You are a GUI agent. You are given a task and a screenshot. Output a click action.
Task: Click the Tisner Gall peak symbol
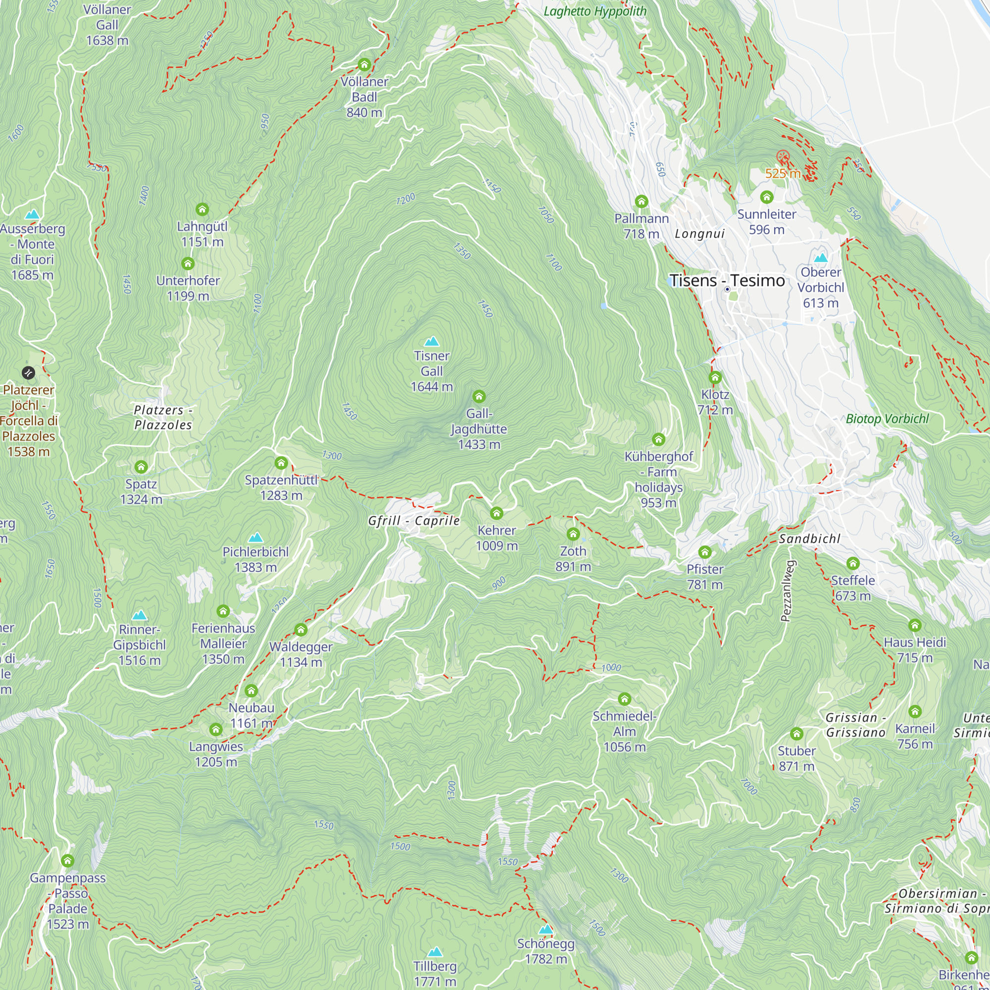432,341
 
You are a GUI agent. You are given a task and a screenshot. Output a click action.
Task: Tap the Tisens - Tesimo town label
727,281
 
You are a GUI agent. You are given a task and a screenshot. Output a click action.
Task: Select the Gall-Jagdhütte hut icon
479,396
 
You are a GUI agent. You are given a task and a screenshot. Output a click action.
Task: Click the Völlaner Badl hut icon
364,64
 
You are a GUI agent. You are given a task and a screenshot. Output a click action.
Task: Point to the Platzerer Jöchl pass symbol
28,373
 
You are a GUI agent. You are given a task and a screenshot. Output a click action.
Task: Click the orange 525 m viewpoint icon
782,156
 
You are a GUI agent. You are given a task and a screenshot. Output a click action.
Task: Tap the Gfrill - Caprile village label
413,521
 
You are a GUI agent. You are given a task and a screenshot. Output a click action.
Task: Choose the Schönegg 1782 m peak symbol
545,929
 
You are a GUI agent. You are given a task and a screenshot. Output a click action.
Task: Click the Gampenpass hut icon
68,860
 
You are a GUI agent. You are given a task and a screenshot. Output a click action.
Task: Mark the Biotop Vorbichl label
887,419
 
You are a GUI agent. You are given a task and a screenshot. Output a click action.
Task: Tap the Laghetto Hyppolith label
594,11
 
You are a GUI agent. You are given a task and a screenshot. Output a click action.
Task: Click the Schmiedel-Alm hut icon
624,699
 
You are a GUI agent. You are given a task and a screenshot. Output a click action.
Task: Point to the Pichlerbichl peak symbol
255,538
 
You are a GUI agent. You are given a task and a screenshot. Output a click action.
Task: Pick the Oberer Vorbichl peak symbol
820,258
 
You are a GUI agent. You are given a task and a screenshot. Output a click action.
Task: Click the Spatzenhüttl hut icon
281,463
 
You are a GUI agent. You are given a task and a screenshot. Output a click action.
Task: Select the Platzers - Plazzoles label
163,417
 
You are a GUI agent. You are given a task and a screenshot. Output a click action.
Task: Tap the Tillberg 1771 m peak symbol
435,951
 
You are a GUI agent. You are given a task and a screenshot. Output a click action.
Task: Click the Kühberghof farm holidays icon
658,439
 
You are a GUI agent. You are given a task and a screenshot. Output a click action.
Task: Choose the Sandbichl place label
810,539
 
